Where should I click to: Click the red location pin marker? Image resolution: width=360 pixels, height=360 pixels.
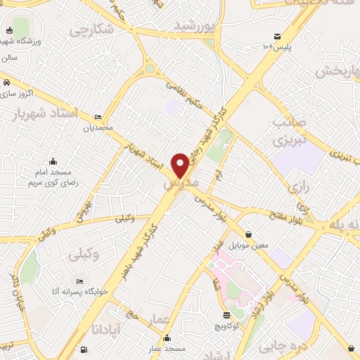pos(180,165)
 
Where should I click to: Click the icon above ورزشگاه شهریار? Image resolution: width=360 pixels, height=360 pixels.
pos(9,31)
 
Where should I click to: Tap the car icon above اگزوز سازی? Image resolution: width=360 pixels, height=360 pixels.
pos(6,82)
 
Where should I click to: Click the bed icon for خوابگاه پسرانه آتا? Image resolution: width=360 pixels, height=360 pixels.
pos(79,281)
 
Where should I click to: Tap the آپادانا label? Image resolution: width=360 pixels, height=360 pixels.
pos(109,328)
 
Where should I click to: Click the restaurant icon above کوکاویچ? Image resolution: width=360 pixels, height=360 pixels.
pos(226,315)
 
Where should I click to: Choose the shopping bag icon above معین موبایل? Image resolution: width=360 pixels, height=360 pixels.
pos(247,234)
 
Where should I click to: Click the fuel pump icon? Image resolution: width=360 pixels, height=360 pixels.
pos(85,349)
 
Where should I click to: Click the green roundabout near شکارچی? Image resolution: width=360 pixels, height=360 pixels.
pos(149,69)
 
